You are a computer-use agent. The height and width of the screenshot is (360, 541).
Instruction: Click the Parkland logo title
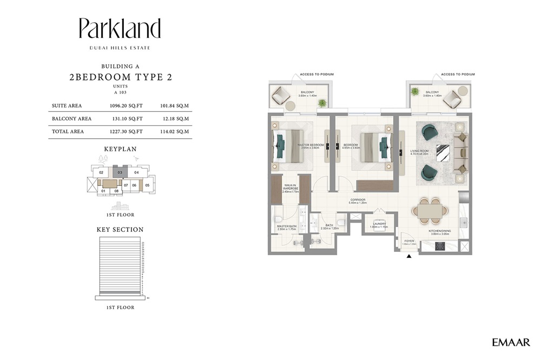[x=120, y=29]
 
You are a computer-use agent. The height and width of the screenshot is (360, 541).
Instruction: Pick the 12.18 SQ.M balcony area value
[x=174, y=118]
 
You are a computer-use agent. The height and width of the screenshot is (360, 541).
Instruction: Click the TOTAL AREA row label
[x=67, y=131]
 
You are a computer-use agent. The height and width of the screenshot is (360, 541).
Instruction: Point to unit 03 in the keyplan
[x=119, y=173]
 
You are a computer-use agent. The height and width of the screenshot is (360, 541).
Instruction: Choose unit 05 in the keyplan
[x=147, y=185]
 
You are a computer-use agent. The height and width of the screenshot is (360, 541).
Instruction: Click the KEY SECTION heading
[x=120, y=230]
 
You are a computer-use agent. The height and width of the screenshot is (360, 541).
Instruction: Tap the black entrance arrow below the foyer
[x=409, y=256]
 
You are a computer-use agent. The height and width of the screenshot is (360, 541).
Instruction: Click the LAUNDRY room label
[x=379, y=224]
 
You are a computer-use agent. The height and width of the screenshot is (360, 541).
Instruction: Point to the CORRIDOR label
[x=358, y=200]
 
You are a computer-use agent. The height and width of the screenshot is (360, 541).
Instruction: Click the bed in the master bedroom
[x=288, y=145]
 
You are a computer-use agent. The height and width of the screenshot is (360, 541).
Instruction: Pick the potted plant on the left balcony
[x=322, y=103]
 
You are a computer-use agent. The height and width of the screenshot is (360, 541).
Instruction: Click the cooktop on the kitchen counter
[x=441, y=246]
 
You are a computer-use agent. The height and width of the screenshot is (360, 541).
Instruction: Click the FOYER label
[x=409, y=241]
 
